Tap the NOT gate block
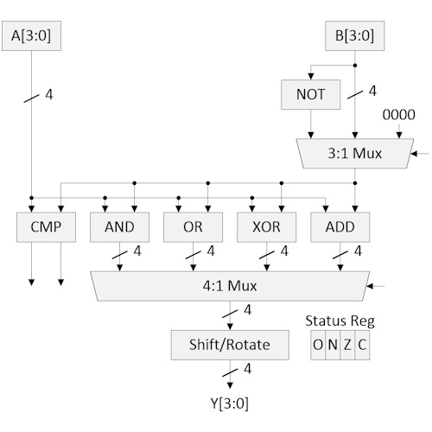point(309,94)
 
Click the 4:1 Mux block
point(230,284)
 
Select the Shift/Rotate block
point(230,345)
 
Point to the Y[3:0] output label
point(230,403)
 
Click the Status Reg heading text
point(340,321)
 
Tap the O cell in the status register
point(318,345)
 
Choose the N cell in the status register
point(333,345)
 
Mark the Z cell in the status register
point(347,345)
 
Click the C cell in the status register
point(362,345)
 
